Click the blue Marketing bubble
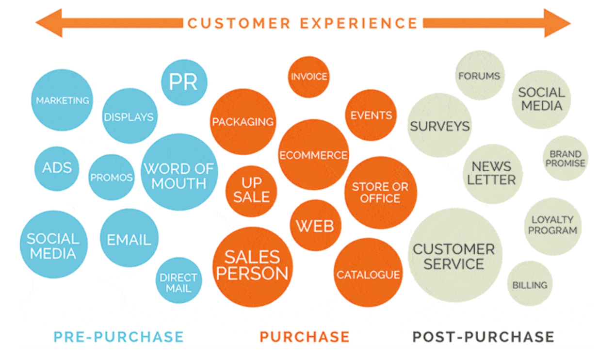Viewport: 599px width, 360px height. point(62,100)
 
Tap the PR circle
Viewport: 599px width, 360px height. point(184,82)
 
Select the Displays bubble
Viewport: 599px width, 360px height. point(129,116)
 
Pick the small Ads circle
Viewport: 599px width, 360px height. point(57,168)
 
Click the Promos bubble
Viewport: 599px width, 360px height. point(112,178)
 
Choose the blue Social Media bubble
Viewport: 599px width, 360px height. point(53,245)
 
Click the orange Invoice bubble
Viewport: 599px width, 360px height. point(308,77)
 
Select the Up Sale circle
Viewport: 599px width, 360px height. point(251,190)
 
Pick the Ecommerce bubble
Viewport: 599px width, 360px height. point(313,155)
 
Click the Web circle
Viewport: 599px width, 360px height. point(315,226)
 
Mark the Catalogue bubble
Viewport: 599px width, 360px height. point(368,275)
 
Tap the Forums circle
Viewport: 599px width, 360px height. point(479,76)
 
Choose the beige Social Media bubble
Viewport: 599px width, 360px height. point(541,99)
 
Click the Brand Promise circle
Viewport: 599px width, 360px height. point(565,159)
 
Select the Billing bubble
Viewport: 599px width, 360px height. point(530,284)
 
